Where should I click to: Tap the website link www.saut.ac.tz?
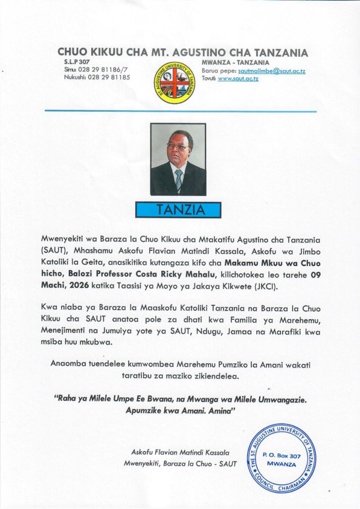click(x=238, y=79)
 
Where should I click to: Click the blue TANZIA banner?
click(x=178, y=210)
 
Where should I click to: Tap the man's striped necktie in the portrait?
click(x=178, y=180)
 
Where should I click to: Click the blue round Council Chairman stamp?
click(x=281, y=457)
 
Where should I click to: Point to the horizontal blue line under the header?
click(x=179, y=111)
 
